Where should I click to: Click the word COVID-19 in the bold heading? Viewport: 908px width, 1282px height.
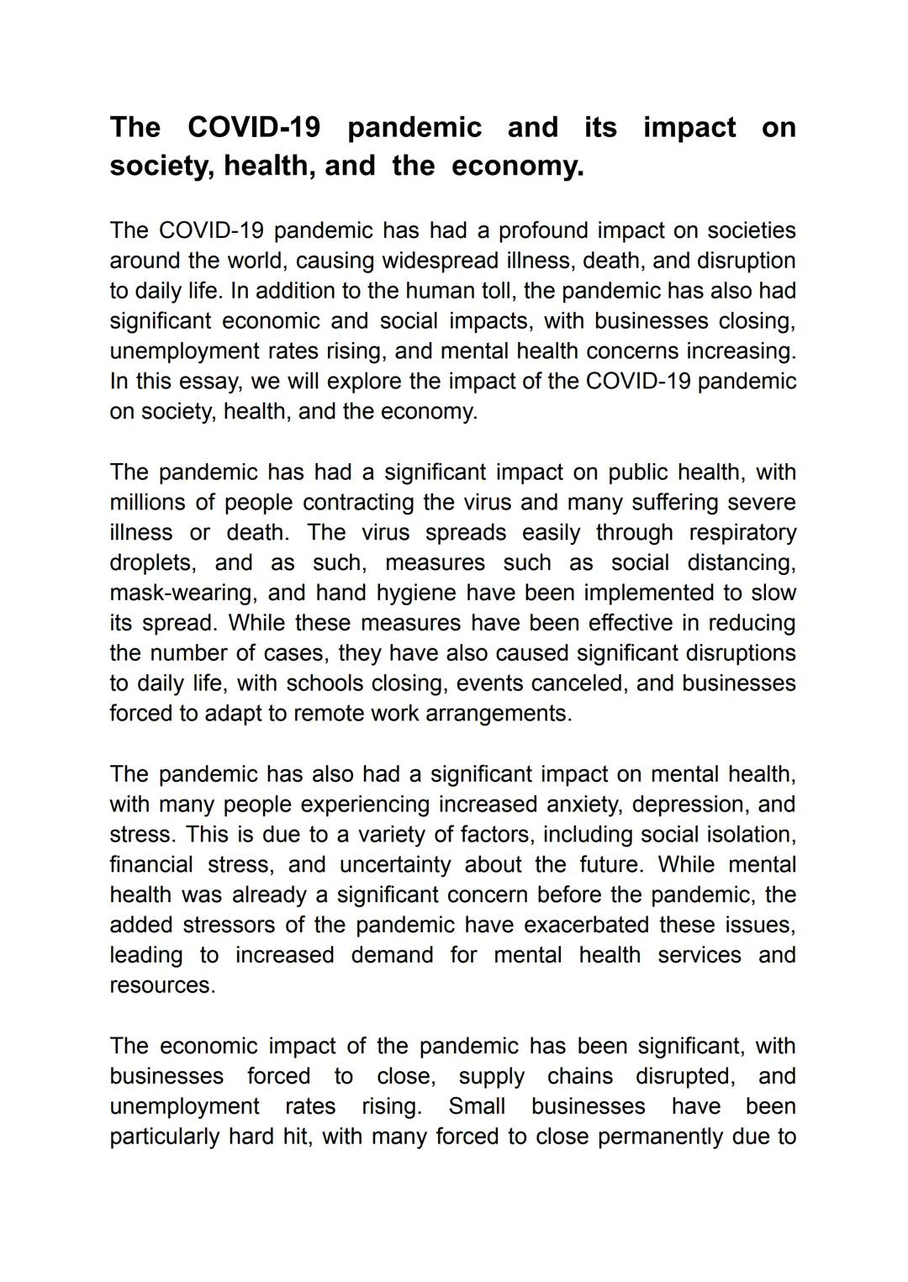point(253,127)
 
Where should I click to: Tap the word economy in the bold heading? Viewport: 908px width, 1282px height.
point(517,166)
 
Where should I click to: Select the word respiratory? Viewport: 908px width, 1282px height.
point(742,533)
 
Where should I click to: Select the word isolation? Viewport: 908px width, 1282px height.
point(749,835)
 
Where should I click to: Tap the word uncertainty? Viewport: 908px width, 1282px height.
point(393,865)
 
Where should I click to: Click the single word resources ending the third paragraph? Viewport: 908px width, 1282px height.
point(162,985)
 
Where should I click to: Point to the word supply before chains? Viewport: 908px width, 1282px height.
point(491,1077)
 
